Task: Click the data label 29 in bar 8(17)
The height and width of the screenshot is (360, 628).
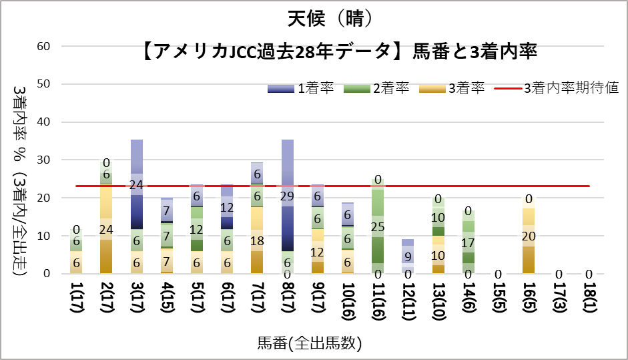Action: coord(288,196)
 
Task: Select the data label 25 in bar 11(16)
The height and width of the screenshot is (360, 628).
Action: coord(378,227)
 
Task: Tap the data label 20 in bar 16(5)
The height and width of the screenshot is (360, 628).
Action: coord(529,236)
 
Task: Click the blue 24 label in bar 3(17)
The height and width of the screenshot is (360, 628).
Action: coord(137,185)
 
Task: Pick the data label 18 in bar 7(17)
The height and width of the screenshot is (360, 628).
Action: coord(258,240)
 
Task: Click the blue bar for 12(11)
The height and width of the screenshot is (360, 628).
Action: coord(408,256)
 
